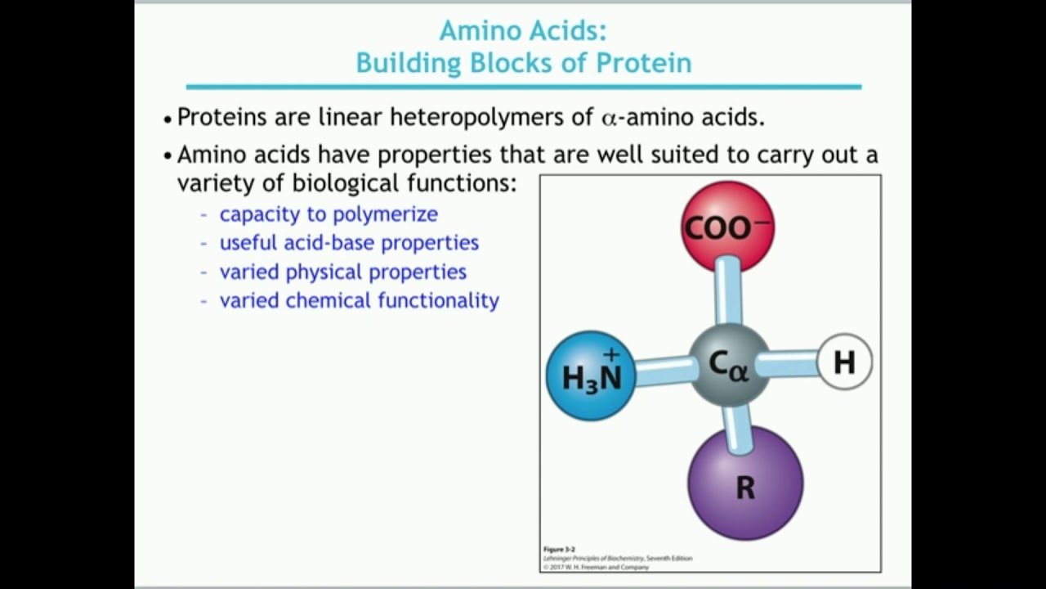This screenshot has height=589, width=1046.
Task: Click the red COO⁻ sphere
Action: (x=727, y=227)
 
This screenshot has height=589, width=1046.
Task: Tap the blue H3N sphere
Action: (x=591, y=375)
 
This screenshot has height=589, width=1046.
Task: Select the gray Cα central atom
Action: (x=729, y=365)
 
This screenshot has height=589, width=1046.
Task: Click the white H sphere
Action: (x=844, y=361)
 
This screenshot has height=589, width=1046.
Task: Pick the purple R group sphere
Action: (x=744, y=484)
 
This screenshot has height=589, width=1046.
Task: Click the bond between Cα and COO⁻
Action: (x=727, y=290)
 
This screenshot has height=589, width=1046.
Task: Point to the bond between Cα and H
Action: (x=789, y=362)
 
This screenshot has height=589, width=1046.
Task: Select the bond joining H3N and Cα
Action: (x=663, y=370)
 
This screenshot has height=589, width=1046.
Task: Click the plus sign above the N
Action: (x=611, y=354)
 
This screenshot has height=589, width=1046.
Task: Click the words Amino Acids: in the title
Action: (x=523, y=30)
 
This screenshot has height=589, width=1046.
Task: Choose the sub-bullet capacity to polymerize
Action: (x=329, y=214)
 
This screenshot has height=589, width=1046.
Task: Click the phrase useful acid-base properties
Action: (x=349, y=242)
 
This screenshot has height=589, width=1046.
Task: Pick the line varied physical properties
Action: (x=342, y=271)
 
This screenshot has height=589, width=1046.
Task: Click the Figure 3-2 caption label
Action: (x=560, y=549)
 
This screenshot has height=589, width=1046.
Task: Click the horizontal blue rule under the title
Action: (x=523, y=87)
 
